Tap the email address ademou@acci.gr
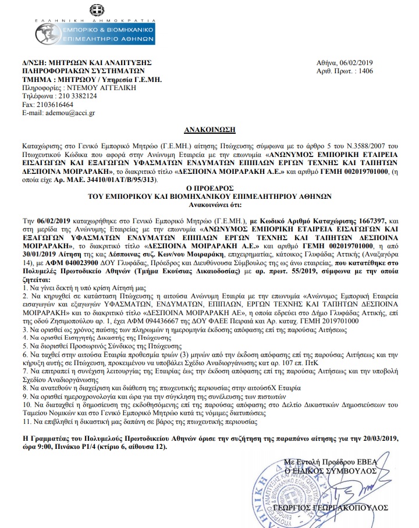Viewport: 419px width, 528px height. coord(65,113)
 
